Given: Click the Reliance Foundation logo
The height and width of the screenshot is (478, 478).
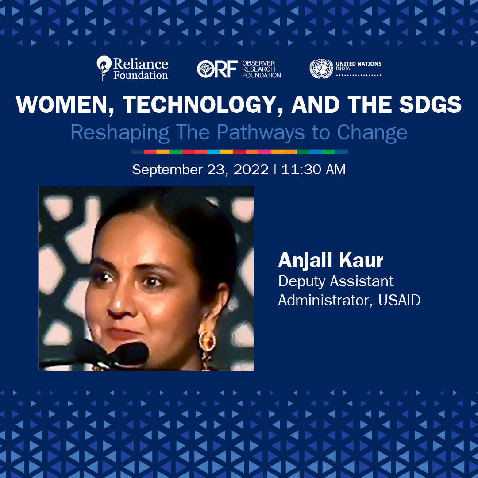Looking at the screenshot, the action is (132, 69).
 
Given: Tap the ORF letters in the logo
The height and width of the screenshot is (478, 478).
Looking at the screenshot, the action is (217, 69).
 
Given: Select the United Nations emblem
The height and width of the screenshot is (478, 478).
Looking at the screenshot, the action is (321, 69).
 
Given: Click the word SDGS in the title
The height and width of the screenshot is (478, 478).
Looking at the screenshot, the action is (431, 104).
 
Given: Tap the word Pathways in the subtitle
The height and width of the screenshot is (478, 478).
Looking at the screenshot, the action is (260, 133).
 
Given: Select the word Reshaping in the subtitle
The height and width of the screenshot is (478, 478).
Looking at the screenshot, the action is (120, 133).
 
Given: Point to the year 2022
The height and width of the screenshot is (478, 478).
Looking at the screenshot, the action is (251, 170).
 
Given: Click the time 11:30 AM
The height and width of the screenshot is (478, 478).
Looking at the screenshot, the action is (313, 170).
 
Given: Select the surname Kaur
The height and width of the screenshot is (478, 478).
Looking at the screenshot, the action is (361, 261).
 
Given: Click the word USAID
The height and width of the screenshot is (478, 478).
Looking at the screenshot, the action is (399, 300).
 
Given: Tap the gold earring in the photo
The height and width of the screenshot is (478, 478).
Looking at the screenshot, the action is (207, 340).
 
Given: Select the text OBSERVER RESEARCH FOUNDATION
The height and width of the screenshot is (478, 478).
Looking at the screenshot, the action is (262, 69).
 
